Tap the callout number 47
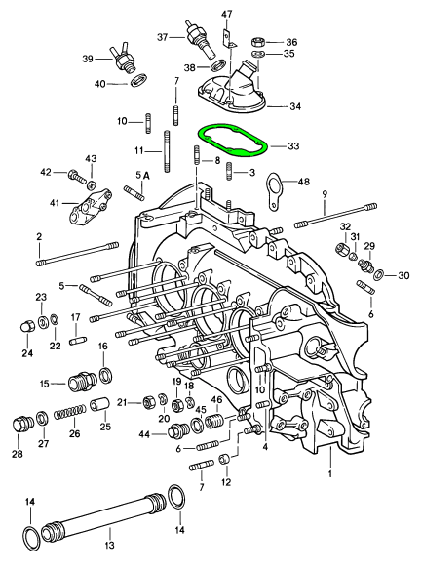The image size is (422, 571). coord(226,14)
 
